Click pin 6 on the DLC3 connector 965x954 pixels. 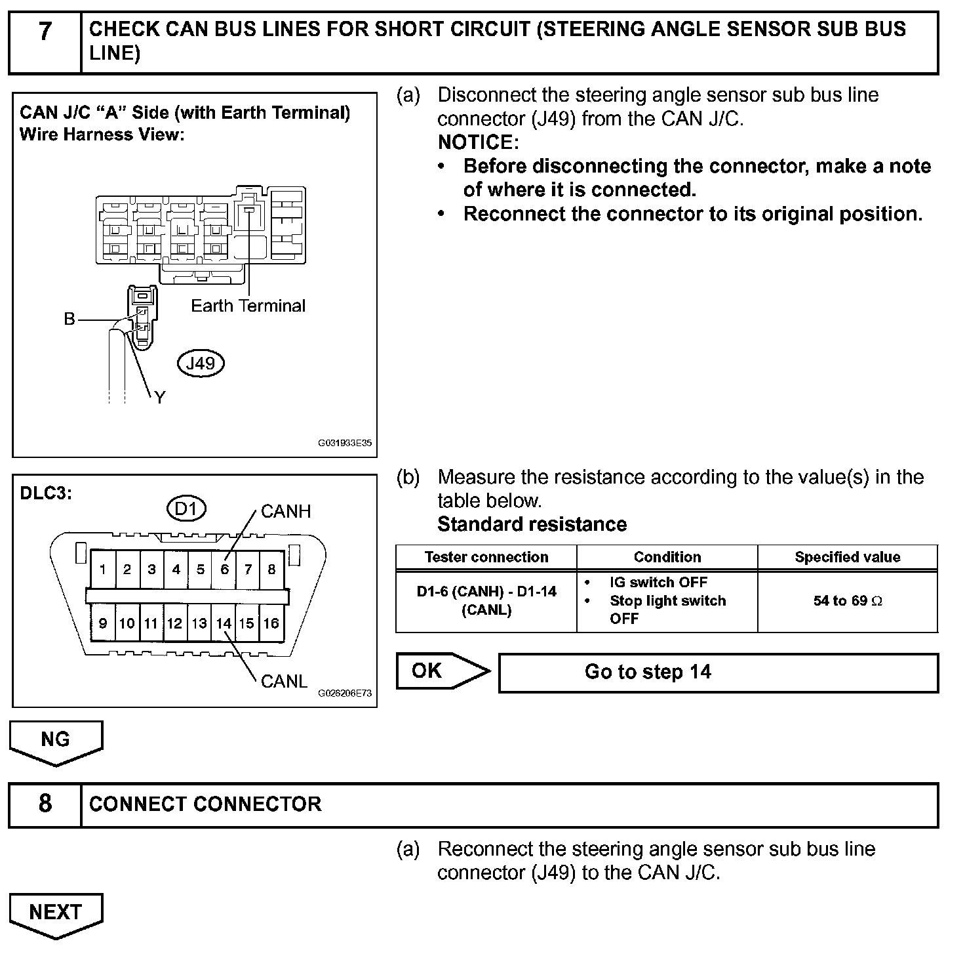pyautogui.click(x=224, y=570)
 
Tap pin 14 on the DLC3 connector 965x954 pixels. pyautogui.click(x=224, y=623)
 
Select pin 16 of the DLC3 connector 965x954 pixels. pyautogui.click(x=271, y=623)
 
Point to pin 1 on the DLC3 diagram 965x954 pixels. pyautogui.click(x=103, y=570)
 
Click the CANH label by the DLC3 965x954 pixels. pyautogui.click(x=285, y=511)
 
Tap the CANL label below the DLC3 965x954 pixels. pyautogui.click(x=284, y=681)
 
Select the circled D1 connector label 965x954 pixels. pyautogui.click(x=187, y=508)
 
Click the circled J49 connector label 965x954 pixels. pyautogui.click(x=201, y=363)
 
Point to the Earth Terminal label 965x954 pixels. pyautogui.click(x=248, y=306)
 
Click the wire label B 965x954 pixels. pyautogui.click(x=69, y=320)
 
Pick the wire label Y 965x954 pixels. pyautogui.click(x=159, y=397)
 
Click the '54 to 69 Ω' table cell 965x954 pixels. pyautogui.click(x=847, y=601)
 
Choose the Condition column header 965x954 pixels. pyautogui.click(x=667, y=557)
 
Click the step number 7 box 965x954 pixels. pyautogui.click(x=45, y=42)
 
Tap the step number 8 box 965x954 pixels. pyautogui.click(x=45, y=804)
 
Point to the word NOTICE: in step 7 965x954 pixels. pyautogui.click(x=478, y=142)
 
